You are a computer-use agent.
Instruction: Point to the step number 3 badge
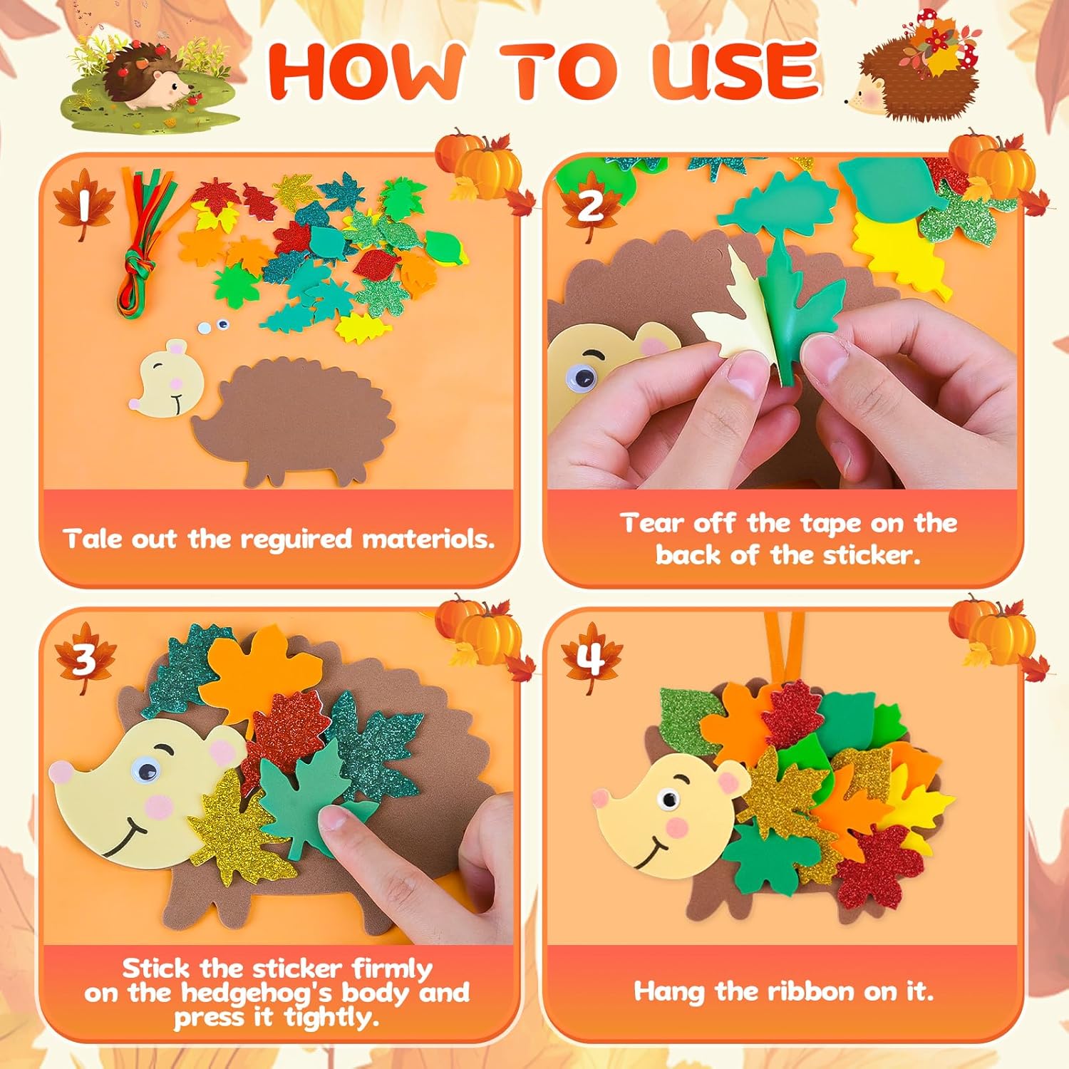click(84, 659)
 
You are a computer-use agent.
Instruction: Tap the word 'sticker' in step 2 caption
click(871, 555)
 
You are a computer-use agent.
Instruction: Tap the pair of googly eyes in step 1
click(214, 326)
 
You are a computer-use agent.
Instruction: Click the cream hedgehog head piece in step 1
click(166, 378)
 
